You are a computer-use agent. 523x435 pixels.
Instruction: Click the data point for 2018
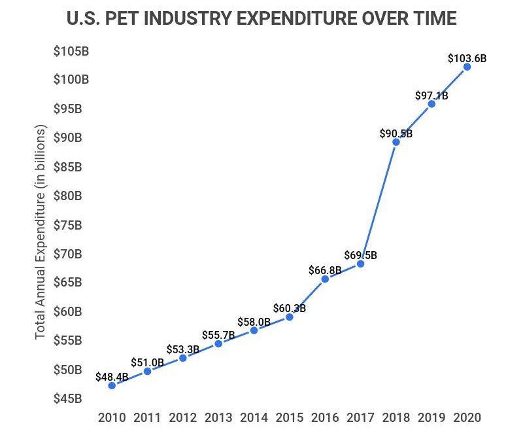point(396,142)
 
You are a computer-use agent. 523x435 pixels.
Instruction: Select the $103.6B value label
point(467,58)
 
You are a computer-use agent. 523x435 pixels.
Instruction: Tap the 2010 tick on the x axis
point(112,417)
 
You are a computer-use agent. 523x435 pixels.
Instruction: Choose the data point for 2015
point(289,317)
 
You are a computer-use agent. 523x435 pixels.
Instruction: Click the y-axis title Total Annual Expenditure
point(41,234)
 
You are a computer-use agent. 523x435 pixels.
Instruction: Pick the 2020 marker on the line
point(467,67)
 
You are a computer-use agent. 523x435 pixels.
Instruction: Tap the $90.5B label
point(396,133)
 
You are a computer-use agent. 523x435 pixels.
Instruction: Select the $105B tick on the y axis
point(71,51)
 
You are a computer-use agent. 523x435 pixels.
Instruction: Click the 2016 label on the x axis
point(325,417)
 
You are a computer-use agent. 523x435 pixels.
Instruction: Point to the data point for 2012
point(183,358)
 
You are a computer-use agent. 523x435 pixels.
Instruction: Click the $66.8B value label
point(325,270)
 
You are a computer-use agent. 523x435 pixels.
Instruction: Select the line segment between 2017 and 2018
point(378,203)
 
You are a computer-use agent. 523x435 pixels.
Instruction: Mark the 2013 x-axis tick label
point(218,417)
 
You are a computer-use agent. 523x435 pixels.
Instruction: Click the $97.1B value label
point(431,96)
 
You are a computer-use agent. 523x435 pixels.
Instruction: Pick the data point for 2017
point(360,264)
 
